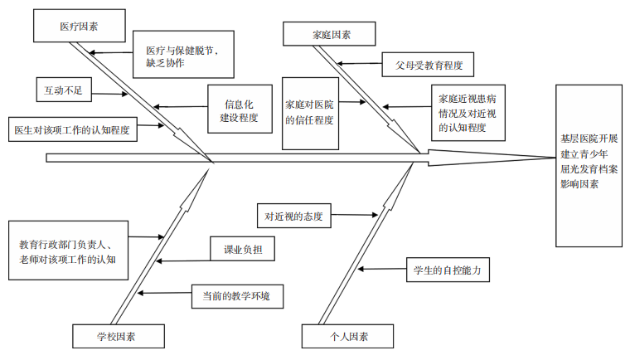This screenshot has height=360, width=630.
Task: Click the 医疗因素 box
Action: coord(79,27)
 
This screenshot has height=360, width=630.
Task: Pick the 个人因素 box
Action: coord(347,336)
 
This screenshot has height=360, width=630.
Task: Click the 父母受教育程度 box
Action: coord(429,64)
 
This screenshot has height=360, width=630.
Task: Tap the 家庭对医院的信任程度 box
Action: coord(309,112)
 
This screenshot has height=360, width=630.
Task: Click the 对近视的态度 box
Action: coord(292,216)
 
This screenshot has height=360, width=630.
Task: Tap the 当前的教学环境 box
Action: coord(235,294)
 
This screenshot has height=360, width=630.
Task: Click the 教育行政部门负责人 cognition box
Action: coord(67,252)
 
